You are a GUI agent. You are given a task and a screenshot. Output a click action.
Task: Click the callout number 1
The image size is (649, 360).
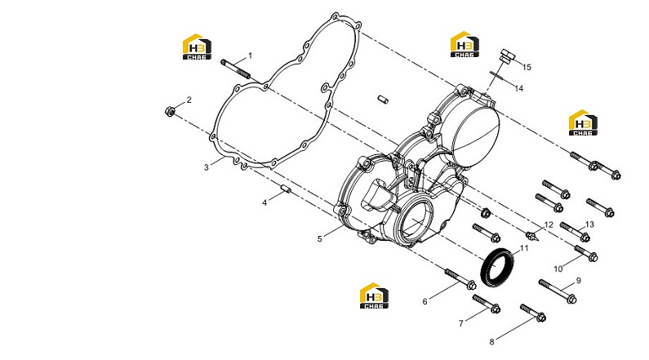(250, 56)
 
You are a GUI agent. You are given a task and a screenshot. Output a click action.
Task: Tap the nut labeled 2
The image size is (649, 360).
(169, 111)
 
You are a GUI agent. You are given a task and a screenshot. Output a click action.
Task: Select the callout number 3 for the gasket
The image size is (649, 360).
(206, 167)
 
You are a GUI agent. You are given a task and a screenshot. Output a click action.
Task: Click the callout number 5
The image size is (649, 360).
(319, 238)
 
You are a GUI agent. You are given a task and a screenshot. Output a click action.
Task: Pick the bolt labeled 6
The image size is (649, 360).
(460, 279)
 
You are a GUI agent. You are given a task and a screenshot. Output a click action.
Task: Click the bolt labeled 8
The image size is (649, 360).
(533, 313)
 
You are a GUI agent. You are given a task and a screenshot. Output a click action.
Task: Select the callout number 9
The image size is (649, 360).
(579, 281)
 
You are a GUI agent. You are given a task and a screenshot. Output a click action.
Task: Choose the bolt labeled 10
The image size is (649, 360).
(585, 253)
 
